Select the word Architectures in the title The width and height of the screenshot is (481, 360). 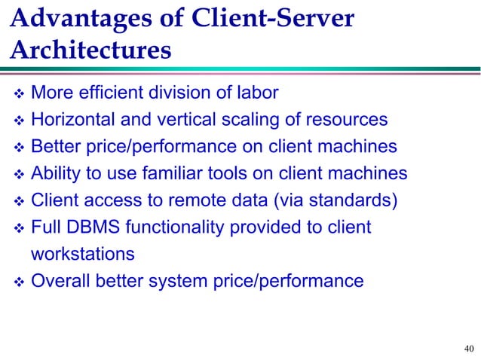point(90,50)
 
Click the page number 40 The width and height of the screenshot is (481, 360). point(469,348)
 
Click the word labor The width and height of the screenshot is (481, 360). point(259,93)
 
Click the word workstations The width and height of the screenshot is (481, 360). point(83,255)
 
